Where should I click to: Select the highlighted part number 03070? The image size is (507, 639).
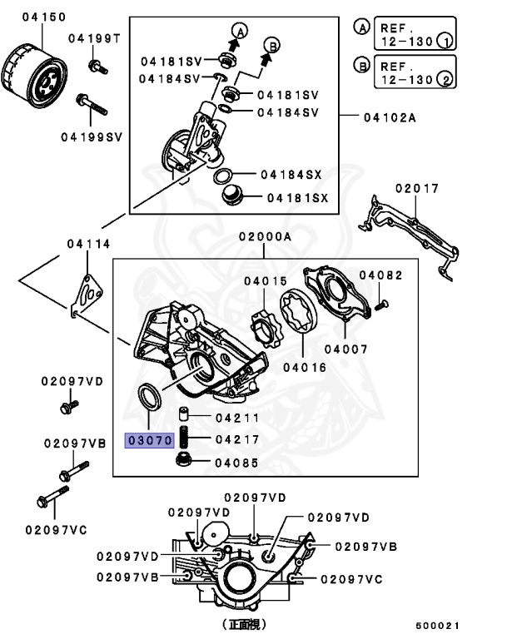click(148, 440)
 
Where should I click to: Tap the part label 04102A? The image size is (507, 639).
click(389, 117)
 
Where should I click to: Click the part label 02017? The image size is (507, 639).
click(416, 189)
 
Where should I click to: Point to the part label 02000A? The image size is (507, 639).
click(265, 237)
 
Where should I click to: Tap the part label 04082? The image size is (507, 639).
click(380, 275)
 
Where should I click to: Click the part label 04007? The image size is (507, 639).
click(345, 349)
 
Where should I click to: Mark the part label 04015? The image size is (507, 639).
click(265, 281)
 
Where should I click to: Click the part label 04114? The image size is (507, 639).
click(88, 244)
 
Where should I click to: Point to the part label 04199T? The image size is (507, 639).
click(94, 38)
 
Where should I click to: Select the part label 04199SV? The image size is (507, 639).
click(91, 136)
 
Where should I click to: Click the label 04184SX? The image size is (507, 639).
click(291, 175)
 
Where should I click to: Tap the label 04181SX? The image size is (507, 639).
click(297, 198)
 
